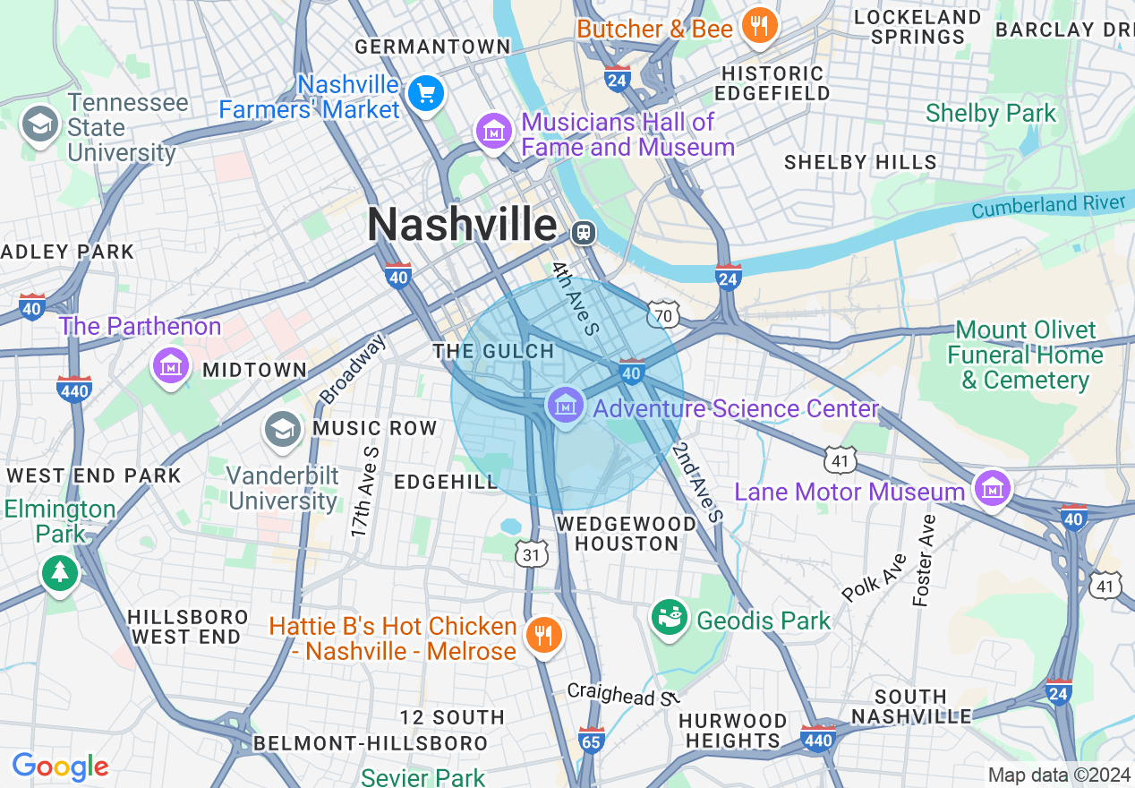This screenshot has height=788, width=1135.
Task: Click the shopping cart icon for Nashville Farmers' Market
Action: click(x=425, y=94)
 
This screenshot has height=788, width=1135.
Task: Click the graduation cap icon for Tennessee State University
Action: click(x=39, y=125)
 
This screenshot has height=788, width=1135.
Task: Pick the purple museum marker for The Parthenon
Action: click(x=170, y=365)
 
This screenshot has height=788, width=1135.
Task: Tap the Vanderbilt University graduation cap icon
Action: click(x=283, y=430)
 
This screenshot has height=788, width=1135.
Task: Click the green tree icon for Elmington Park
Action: click(x=60, y=570)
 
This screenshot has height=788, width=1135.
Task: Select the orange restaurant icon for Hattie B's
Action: click(x=542, y=635)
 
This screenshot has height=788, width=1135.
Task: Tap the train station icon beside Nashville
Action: click(x=583, y=233)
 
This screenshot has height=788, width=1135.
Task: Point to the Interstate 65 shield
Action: click(x=591, y=741)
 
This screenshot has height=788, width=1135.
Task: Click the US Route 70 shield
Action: click(x=663, y=313)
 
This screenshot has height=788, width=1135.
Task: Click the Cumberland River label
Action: click(x=1047, y=205)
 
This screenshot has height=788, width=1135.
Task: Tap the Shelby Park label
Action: click(x=991, y=114)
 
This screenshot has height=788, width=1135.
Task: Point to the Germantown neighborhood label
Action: click(x=432, y=47)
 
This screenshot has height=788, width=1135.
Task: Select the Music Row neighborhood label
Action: click(x=374, y=429)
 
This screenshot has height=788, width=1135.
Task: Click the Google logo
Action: click(x=60, y=767)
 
